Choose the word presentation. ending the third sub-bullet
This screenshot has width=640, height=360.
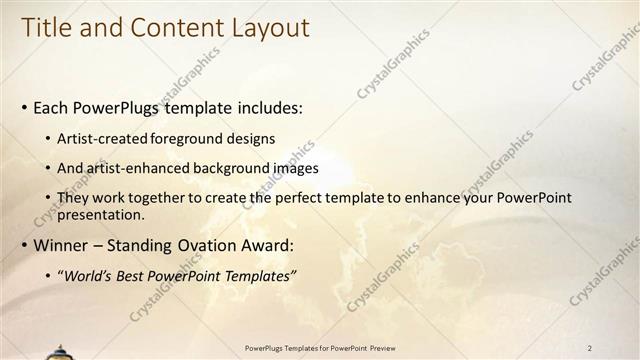(103, 214)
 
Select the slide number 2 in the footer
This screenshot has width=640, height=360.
(590, 348)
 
